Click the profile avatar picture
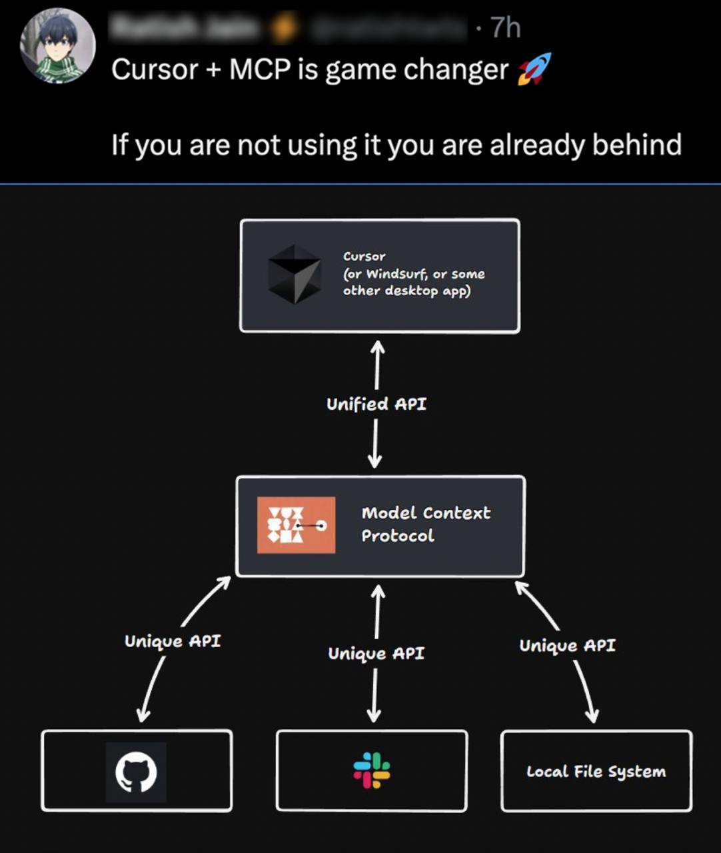coord(58,46)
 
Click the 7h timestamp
coord(505,28)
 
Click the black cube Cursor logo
coord(295,274)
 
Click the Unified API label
coord(376,404)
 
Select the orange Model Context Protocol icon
coord(296,525)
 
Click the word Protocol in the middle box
coord(398,536)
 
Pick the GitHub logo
coord(136,772)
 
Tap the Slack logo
coord(372,770)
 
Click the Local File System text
coord(596,772)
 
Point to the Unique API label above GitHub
coord(173,641)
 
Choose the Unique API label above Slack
coord(376,653)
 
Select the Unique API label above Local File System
coord(568,645)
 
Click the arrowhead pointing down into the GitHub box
coord(143,716)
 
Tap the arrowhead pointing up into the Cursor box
coord(378,346)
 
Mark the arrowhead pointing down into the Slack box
coord(374,716)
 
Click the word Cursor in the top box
coord(364,257)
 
